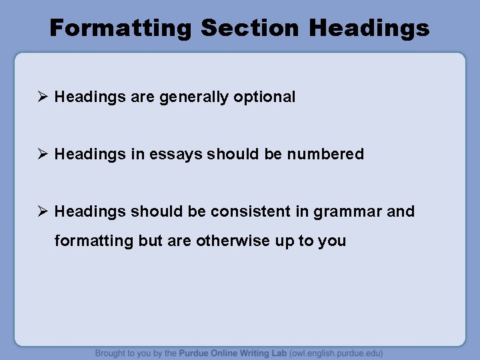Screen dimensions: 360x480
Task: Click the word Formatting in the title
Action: pos(120,28)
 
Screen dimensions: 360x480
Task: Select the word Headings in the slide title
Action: pos(370,28)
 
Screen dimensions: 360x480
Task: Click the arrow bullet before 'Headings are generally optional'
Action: pos(42,97)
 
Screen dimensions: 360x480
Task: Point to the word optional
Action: pos(265,97)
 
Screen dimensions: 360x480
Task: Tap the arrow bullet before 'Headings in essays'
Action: pos(42,154)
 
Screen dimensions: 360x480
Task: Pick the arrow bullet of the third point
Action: pos(42,211)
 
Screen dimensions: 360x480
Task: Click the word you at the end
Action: pos(332,241)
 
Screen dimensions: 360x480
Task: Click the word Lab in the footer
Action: pos(279,353)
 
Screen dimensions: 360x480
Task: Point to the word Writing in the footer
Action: pos(254,353)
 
